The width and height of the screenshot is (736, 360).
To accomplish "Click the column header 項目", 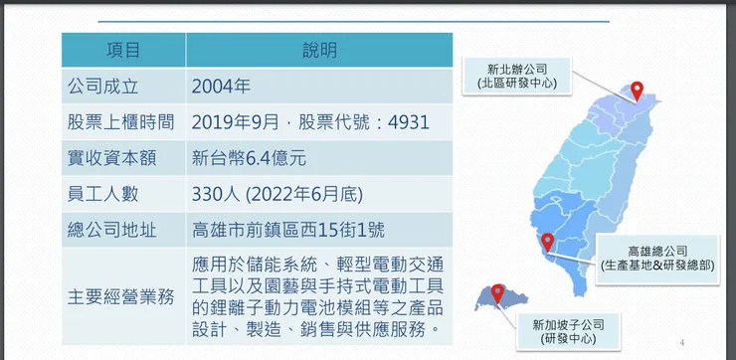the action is pyautogui.click(x=123, y=51).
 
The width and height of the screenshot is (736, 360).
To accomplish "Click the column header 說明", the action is pyautogui.click(x=319, y=51).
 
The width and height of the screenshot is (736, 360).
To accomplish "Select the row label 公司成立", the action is pyautogui.click(x=102, y=87).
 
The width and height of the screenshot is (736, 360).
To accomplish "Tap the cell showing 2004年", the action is pyautogui.click(x=221, y=87).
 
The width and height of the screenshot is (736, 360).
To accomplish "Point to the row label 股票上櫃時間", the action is pyautogui.click(x=120, y=122).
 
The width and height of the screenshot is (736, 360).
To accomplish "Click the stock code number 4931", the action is pyautogui.click(x=409, y=122).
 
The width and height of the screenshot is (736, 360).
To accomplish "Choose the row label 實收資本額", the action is pyautogui.click(x=111, y=159).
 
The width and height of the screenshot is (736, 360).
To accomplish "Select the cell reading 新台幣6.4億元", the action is pyautogui.click(x=249, y=159).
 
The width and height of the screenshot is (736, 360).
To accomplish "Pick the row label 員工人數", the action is pyautogui.click(x=102, y=194).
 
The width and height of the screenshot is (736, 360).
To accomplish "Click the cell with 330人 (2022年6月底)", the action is pyautogui.click(x=276, y=194).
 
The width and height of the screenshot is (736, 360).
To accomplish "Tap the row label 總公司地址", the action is pyautogui.click(x=111, y=231).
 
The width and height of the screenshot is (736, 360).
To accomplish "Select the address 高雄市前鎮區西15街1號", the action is pyautogui.click(x=288, y=231).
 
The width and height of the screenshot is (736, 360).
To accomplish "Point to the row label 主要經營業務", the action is pyautogui.click(x=120, y=297).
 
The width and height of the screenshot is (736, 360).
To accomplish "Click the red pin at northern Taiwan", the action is pyautogui.click(x=637, y=90).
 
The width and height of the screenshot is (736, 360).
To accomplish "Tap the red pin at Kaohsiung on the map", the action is pyautogui.click(x=547, y=243).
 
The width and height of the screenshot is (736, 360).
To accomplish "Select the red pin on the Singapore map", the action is pyautogui.click(x=497, y=293).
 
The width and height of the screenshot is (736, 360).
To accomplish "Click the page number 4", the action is pyautogui.click(x=682, y=343).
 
